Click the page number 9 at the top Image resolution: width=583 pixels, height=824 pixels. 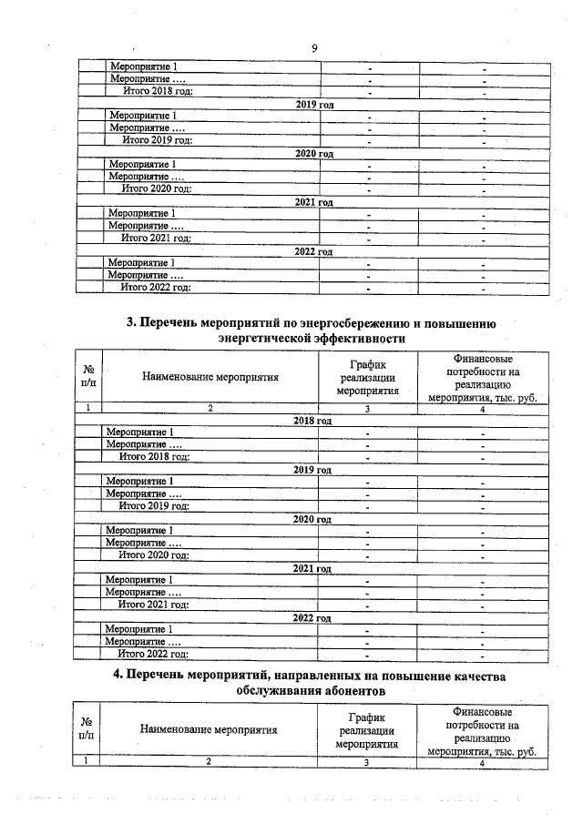(x=313, y=48)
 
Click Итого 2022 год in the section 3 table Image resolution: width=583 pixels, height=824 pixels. (x=154, y=654)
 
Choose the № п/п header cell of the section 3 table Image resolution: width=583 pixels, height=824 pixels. (x=89, y=378)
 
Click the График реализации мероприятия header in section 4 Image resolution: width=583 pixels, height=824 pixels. (x=366, y=730)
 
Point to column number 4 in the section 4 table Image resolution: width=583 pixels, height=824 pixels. (x=481, y=763)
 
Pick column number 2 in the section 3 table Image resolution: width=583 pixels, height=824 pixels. (x=210, y=409)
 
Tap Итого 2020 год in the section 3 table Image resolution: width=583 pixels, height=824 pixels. (x=154, y=554)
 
